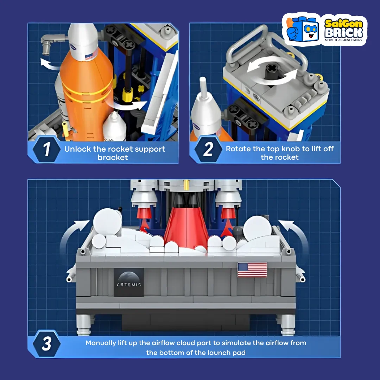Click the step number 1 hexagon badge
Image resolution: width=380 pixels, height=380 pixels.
(x=46, y=149)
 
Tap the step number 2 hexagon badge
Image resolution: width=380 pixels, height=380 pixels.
(x=208, y=149)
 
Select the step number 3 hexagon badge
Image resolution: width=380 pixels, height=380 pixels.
(x=46, y=343)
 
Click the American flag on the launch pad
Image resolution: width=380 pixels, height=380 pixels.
(x=252, y=270)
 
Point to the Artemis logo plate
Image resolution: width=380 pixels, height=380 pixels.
(x=129, y=282)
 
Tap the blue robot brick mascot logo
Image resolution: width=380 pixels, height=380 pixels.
(x=302, y=29)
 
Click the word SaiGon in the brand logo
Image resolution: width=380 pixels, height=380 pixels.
(x=344, y=24)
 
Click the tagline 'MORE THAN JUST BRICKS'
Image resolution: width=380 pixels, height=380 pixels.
(x=343, y=40)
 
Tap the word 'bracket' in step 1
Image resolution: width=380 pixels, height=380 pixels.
(x=113, y=158)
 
